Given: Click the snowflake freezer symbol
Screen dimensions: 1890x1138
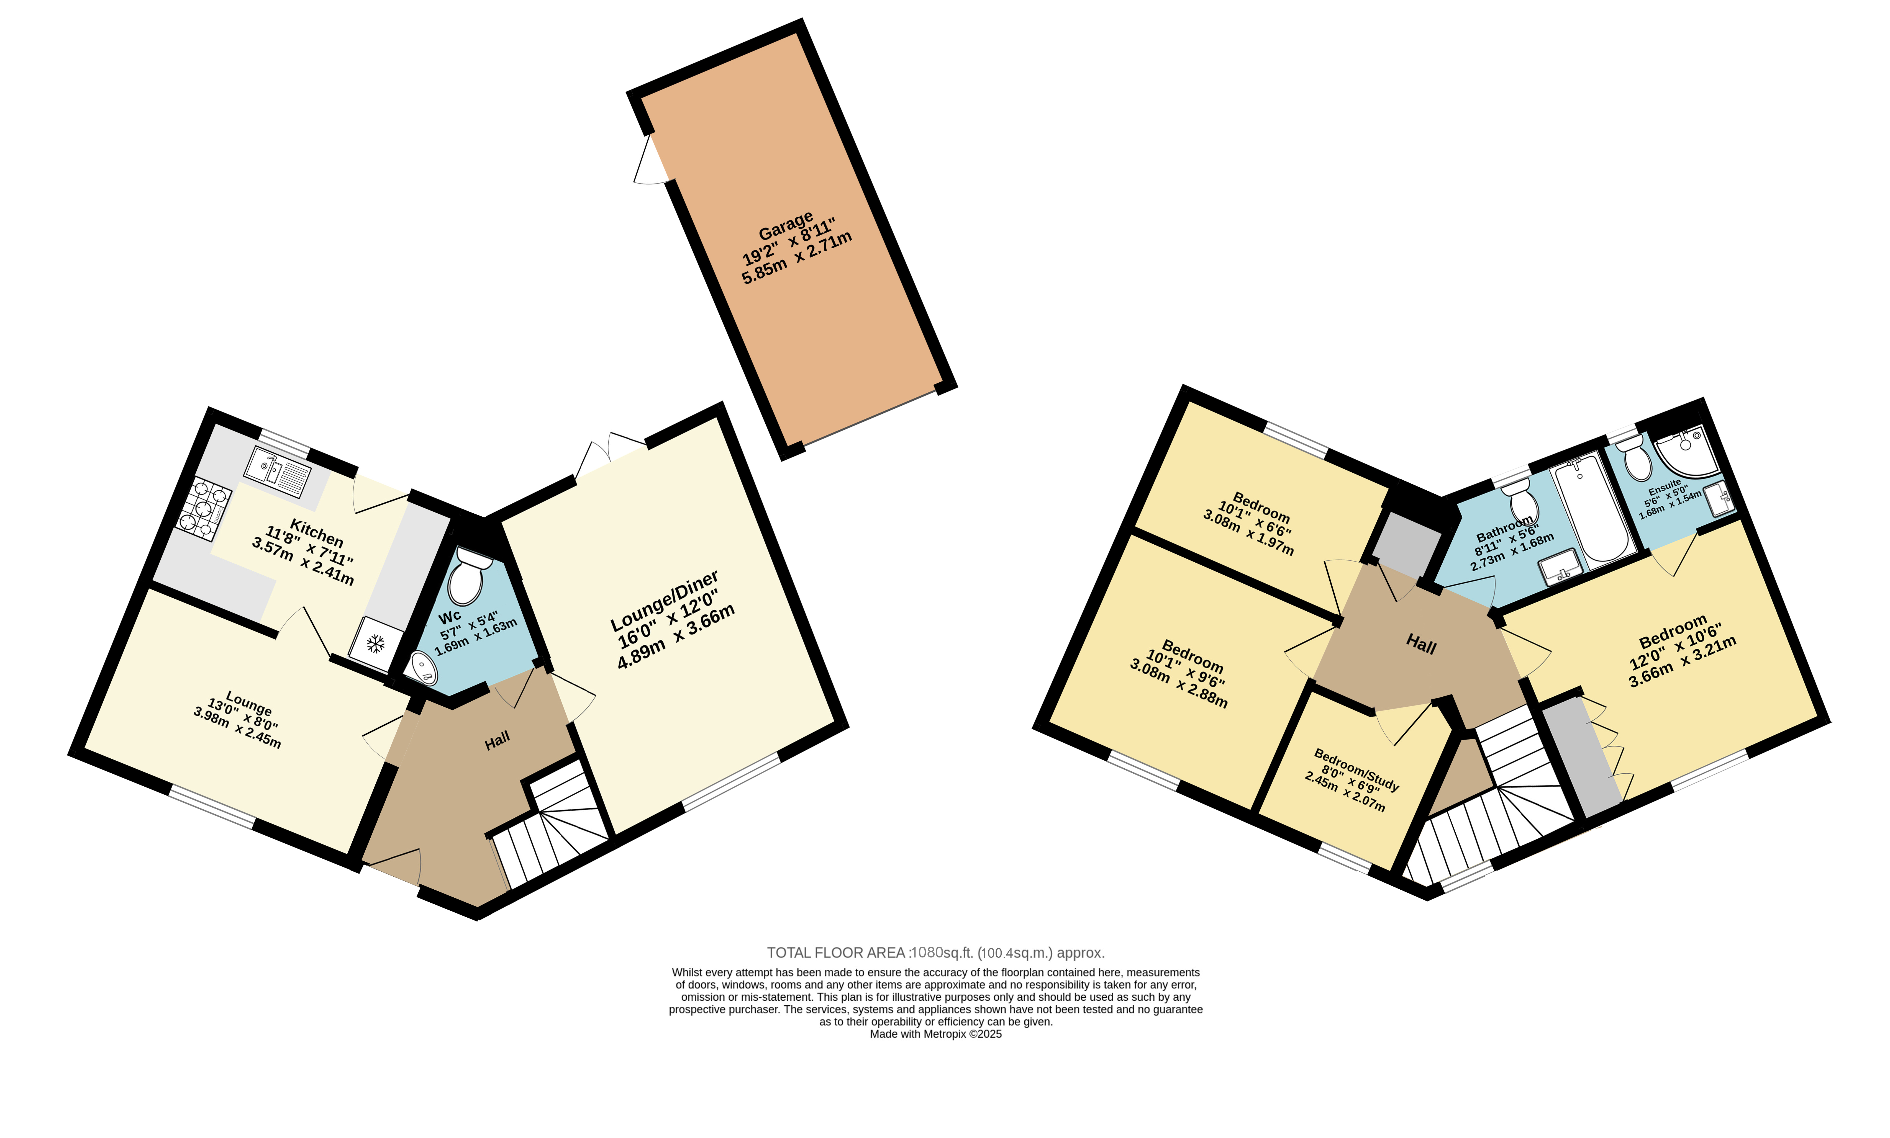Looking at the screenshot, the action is (x=375, y=643).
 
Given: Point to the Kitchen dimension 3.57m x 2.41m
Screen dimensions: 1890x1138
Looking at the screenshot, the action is (x=303, y=561).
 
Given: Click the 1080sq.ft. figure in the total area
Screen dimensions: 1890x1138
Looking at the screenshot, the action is (x=941, y=952).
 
